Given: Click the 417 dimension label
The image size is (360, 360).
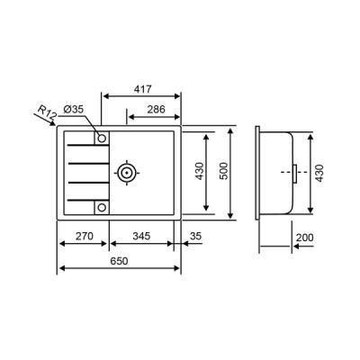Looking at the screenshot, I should click(142, 88).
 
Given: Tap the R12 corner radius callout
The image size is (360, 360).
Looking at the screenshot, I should click(49, 112).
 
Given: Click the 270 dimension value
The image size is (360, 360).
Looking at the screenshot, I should click(84, 237).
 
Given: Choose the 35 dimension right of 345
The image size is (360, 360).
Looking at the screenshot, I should click(195, 237).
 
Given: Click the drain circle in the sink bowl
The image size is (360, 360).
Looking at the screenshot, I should click(127, 171).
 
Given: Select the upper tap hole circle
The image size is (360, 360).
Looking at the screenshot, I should click(102, 139).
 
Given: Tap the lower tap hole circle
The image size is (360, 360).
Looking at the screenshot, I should click(102, 207).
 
